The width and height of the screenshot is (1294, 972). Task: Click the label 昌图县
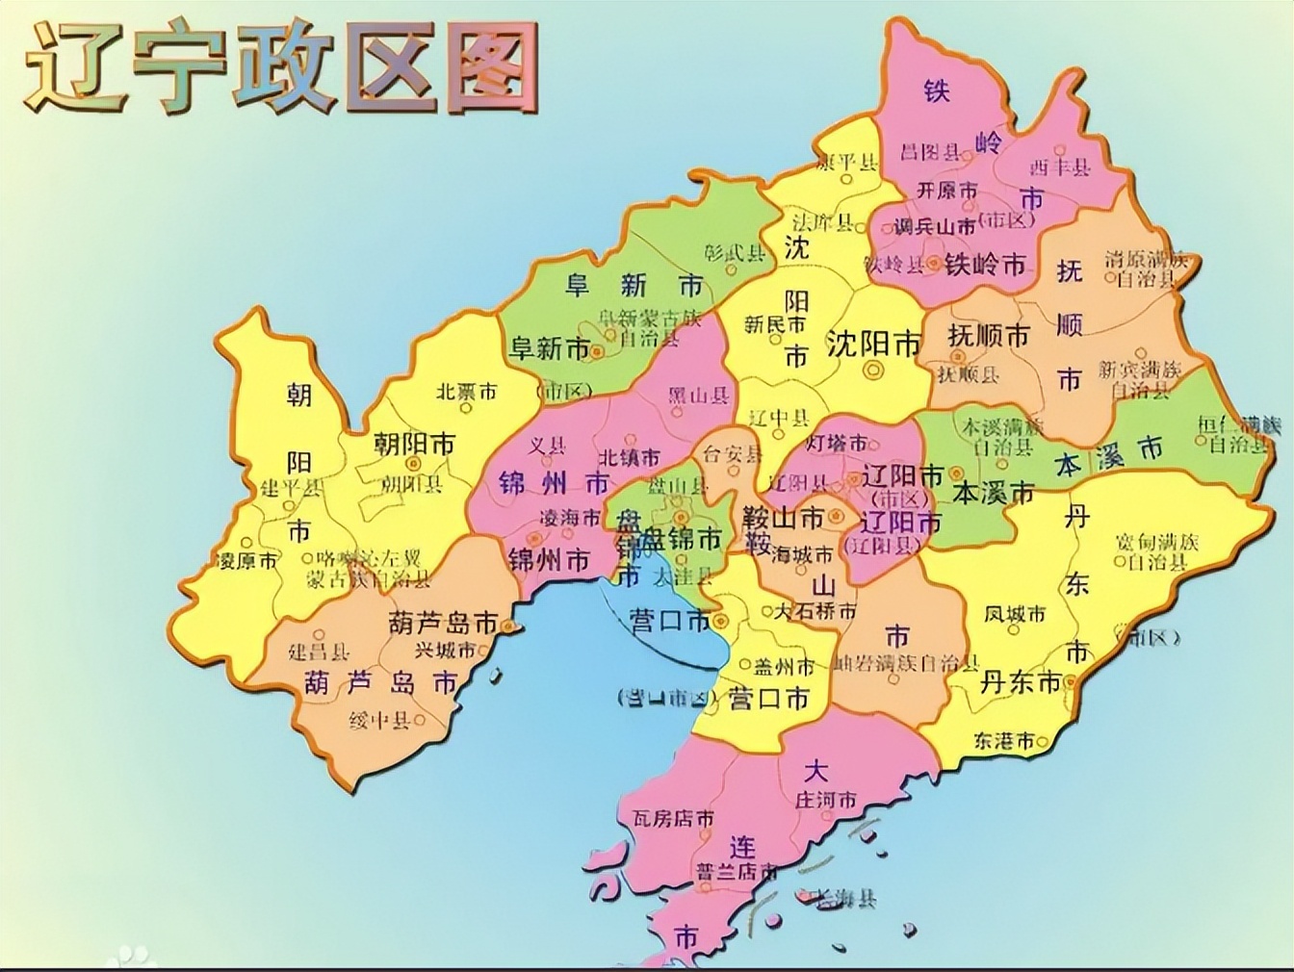point(930,152)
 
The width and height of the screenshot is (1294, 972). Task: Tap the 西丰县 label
point(1060,166)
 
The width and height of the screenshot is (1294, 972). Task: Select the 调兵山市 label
point(934,227)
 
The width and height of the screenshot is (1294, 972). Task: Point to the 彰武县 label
point(735,252)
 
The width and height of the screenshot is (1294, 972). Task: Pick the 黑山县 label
point(698,396)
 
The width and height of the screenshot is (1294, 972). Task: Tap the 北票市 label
point(466,392)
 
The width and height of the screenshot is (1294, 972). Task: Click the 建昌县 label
point(320,652)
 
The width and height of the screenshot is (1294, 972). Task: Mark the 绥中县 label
point(379,719)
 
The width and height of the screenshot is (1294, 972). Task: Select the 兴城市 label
point(445,650)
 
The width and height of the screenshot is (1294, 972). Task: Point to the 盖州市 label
point(784,666)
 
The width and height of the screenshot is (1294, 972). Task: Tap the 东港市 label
point(1003,740)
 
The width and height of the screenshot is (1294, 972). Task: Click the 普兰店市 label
point(737,872)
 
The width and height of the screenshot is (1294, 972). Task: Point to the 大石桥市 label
point(815,611)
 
